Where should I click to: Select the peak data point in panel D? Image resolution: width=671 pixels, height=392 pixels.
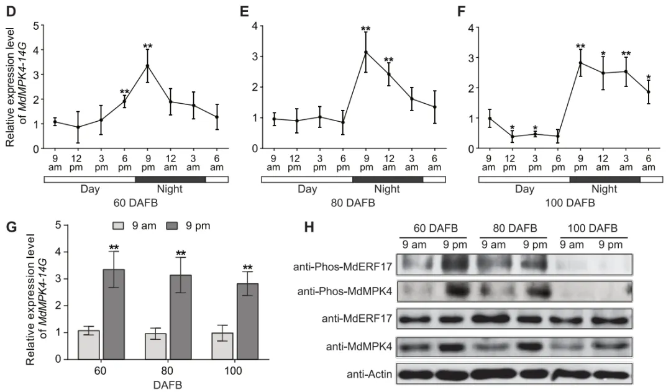coord(147,66)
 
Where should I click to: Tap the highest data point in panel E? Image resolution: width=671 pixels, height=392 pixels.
coord(365,53)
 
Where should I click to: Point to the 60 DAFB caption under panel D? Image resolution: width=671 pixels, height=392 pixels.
coord(135,203)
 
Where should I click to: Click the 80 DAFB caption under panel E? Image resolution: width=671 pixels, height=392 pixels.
coord(353,203)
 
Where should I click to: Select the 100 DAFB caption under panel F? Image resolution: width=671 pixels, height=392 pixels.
coord(570,203)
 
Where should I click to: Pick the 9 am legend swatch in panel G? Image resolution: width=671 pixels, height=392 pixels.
coord(119,226)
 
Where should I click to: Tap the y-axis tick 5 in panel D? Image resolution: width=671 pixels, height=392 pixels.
coord(36,26)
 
